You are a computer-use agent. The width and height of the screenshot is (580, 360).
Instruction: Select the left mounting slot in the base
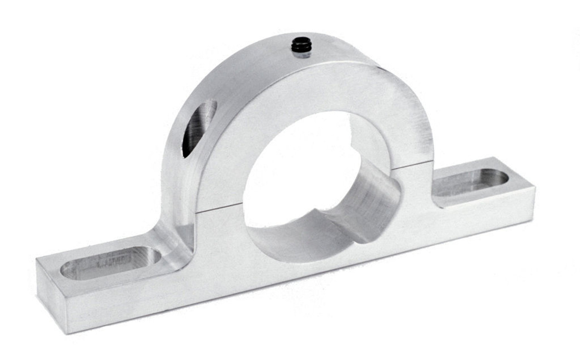tap(111, 263)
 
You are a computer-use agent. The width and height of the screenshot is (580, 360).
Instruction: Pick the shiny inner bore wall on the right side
tap(376, 199)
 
